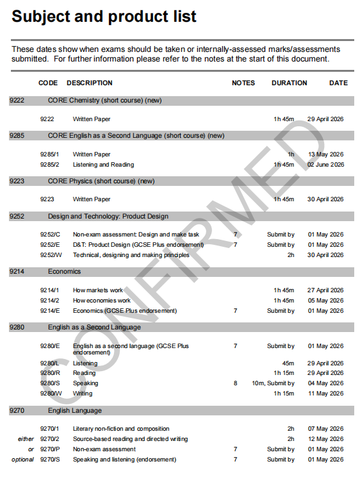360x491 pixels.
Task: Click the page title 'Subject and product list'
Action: (104, 17)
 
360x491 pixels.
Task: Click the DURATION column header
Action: (289, 83)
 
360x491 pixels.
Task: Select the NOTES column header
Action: (243, 83)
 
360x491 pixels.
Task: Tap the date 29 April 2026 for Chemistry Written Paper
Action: (325, 119)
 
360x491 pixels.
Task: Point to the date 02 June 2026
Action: (325, 165)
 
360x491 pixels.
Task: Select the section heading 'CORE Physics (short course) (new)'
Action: (101, 181)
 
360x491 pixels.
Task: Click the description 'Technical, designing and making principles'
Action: (131, 255)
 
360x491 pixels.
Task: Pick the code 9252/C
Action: (50, 235)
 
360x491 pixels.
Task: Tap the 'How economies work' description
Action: (101, 301)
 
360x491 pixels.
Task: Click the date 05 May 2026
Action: (325, 301)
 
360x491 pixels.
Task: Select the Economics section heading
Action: (64, 272)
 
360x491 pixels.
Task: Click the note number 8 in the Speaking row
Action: (235, 383)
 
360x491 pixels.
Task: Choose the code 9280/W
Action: (51, 394)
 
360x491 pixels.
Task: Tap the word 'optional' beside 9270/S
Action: (22, 460)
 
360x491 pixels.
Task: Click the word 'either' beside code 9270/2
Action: (26, 439)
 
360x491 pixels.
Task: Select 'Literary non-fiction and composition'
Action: (121, 429)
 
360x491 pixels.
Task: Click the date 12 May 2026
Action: (325, 439)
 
